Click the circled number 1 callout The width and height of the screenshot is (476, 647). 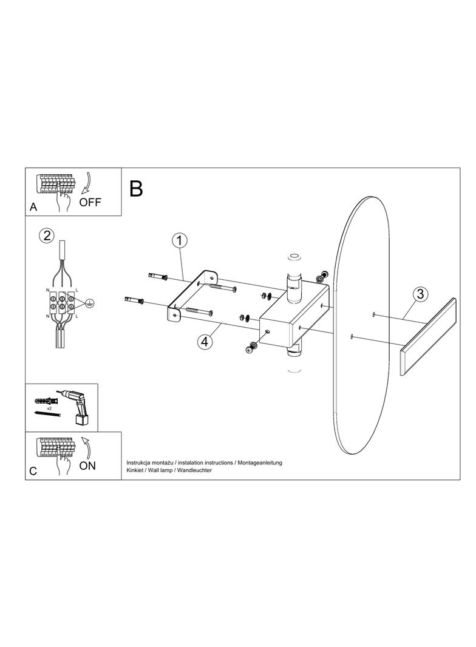point(180,240)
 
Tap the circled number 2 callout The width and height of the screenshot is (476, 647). point(47,235)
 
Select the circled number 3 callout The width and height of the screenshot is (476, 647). point(420,294)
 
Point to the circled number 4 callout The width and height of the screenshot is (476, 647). point(205,341)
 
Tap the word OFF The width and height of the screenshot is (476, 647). point(90,202)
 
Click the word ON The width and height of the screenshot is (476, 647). point(87,466)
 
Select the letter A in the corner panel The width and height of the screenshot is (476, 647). point(33,207)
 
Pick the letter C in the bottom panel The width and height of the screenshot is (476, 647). point(33,471)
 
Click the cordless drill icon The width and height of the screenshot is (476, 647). point(76,405)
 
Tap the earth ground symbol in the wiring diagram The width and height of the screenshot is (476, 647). point(88,303)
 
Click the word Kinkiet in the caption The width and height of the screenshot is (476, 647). point(135,470)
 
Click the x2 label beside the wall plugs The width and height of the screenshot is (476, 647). point(49,408)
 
